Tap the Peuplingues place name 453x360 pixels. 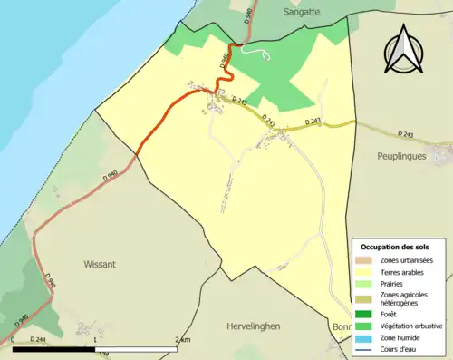point(401,156)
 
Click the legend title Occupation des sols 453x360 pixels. point(394,247)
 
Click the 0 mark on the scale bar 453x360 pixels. point(14,340)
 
